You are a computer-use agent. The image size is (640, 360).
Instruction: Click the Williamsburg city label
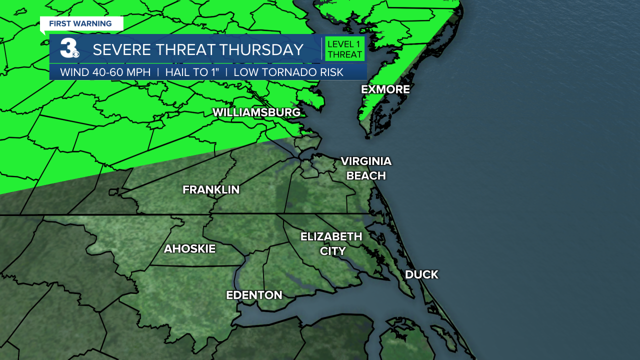point(256,112)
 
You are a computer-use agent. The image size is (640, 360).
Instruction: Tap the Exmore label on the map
point(385,89)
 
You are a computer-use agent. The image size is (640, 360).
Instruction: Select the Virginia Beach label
point(366,168)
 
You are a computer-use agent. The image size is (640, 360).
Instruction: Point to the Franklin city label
point(211,190)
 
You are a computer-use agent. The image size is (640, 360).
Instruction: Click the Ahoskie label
point(189,248)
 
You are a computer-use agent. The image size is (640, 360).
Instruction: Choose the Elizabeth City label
point(331,243)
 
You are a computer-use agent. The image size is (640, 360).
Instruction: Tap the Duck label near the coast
point(421,274)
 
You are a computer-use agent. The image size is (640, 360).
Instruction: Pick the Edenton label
point(254,295)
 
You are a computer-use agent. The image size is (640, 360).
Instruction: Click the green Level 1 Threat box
point(344,49)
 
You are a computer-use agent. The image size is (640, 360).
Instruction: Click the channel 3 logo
point(68,49)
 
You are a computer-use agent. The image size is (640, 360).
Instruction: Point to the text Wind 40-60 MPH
point(105,72)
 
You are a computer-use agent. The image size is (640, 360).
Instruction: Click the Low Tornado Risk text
point(288,72)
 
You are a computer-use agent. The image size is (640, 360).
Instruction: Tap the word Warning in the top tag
point(93,24)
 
